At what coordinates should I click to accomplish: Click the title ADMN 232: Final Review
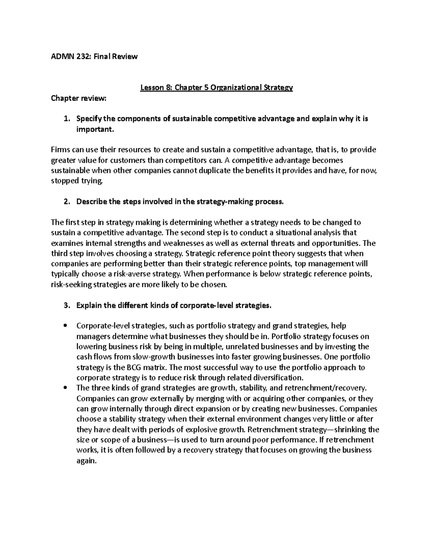pos(94,57)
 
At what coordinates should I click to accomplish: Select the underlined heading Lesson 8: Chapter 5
pos(216,88)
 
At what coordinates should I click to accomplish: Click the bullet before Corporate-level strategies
pos(65,326)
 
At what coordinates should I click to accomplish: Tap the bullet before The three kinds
pos(65,388)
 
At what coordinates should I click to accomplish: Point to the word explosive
pos(201,430)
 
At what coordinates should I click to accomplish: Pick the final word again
pos(87,461)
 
